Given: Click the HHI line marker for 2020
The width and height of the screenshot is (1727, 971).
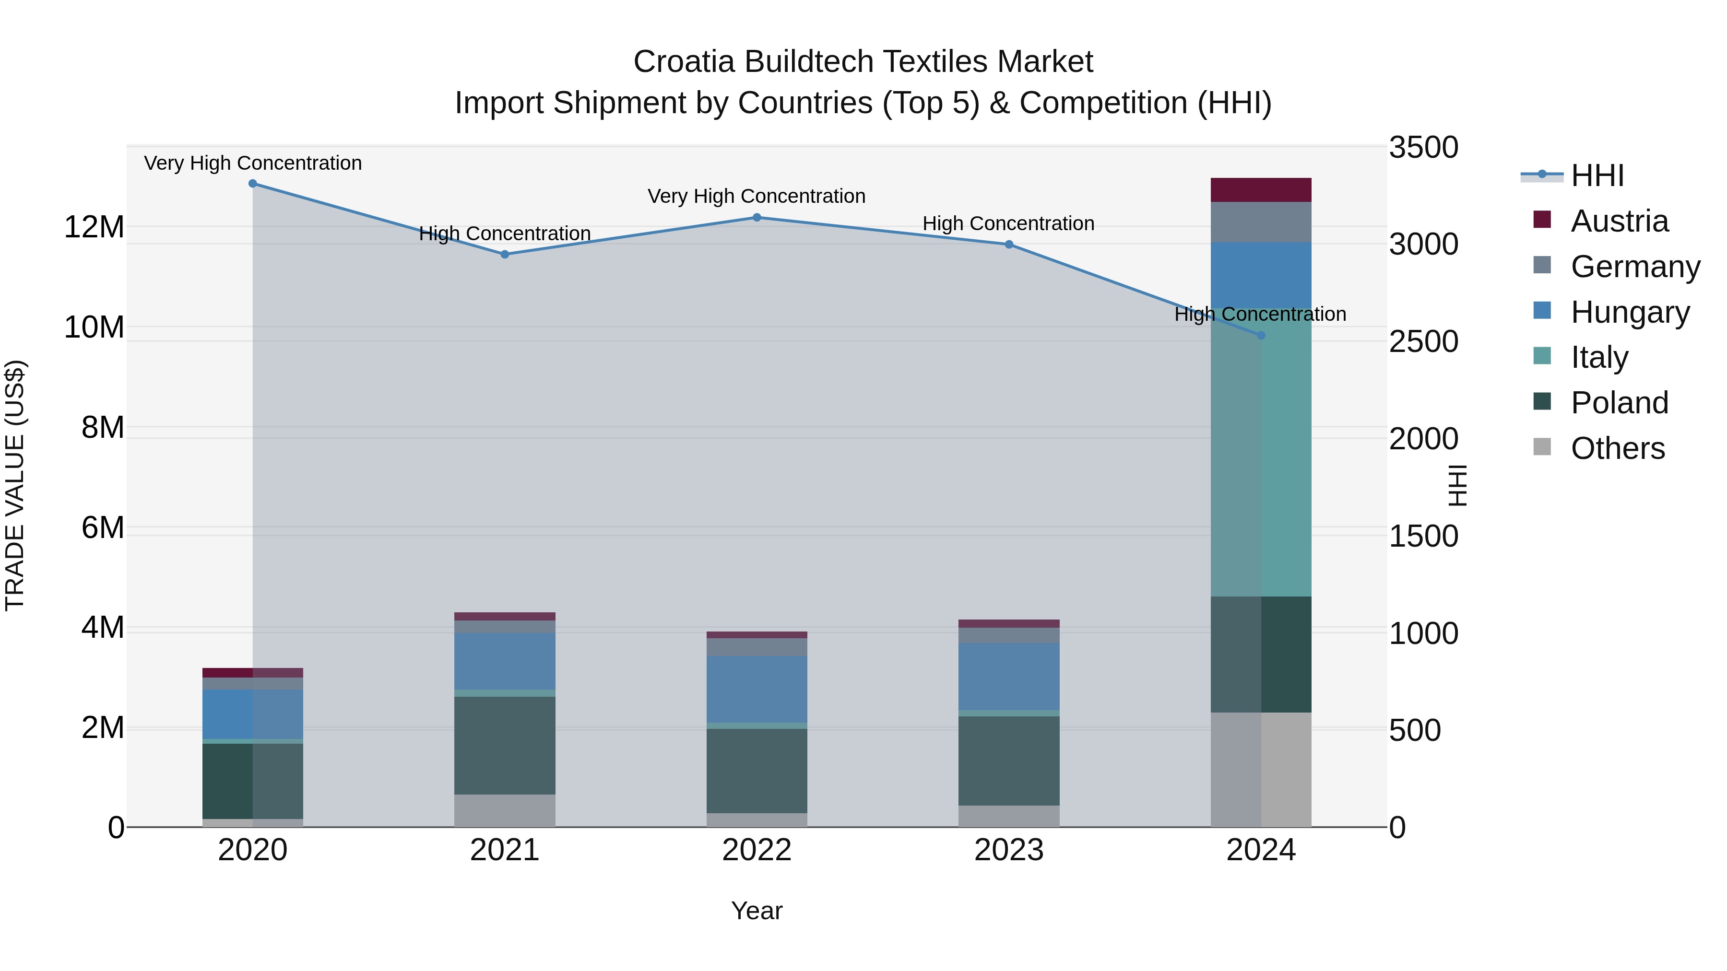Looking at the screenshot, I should (x=253, y=184).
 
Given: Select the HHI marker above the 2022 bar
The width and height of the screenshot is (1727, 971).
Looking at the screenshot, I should (x=757, y=217).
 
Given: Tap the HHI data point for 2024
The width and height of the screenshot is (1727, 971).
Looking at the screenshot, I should (x=1261, y=335).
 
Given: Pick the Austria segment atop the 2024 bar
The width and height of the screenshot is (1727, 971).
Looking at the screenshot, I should (x=1261, y=189).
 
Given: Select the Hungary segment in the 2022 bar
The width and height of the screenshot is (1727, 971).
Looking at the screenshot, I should (x=757, y=689).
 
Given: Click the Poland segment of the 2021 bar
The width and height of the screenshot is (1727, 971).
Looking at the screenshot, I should (x=505, y=745).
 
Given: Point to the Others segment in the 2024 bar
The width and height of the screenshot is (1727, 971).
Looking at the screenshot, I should (x=1261, y=769).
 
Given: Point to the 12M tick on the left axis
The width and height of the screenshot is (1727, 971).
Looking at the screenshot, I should (x=94, y=227).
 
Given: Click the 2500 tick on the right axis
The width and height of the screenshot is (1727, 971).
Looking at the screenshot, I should (x=1423, y=342).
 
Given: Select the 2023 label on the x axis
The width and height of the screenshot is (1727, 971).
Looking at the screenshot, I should (x=1008, y=850).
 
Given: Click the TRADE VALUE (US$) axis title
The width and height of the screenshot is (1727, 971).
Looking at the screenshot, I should (x=15, y=485).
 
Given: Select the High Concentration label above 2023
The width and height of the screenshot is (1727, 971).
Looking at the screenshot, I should (x=1008, y=224).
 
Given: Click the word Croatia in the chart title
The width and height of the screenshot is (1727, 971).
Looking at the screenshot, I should (x=684, y=62).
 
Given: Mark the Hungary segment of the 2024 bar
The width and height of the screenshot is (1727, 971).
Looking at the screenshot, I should (x=1261, y=275).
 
